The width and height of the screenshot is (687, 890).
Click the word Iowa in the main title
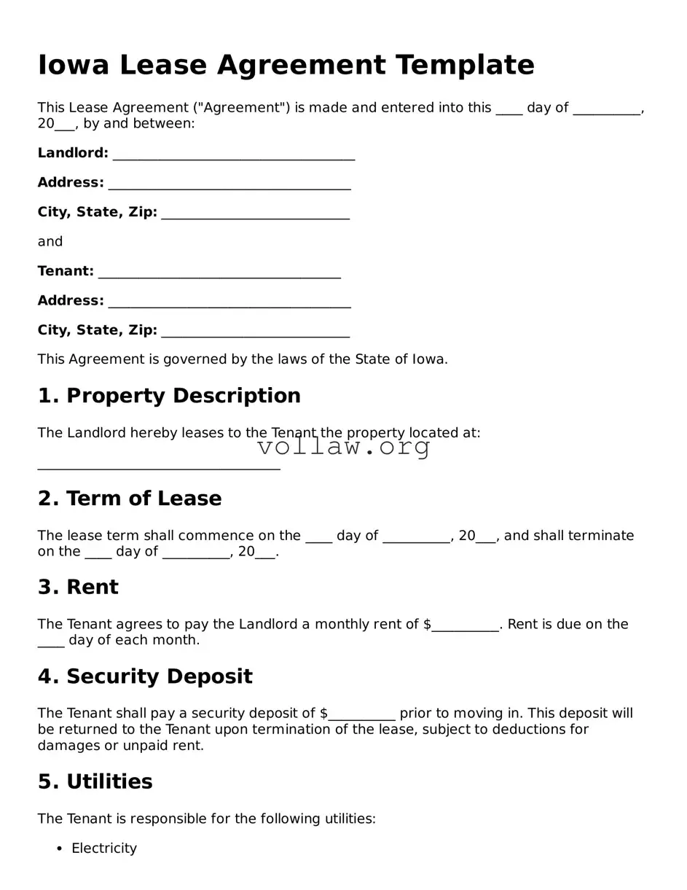(x=73, y=65)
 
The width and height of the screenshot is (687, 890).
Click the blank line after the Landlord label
(x=233, y=154)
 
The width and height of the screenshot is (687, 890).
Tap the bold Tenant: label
(x=66, y=271)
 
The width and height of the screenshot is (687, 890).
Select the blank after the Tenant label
(x=219, y=272)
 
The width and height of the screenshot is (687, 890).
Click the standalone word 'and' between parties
(x=50, y=241)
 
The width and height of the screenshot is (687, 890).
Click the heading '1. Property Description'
(x=169, y=396)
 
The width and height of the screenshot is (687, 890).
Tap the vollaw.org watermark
(x=344, y=447)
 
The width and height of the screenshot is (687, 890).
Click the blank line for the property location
(x=158, y=467)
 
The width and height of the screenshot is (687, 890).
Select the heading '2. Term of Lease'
(x=130, y=499)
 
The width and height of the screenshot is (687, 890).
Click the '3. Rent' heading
(x=78, y=588)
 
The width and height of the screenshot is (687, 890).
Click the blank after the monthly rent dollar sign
(x=465, y=625)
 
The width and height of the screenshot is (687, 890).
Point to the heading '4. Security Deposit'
(x=145, y=676)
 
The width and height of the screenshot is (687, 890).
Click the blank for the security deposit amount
(x=361, y=714)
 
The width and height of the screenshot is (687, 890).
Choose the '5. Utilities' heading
(x=95, y=782)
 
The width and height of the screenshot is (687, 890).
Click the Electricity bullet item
(x=104, y=848)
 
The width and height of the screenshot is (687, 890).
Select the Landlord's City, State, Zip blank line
(x=255, y=214)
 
